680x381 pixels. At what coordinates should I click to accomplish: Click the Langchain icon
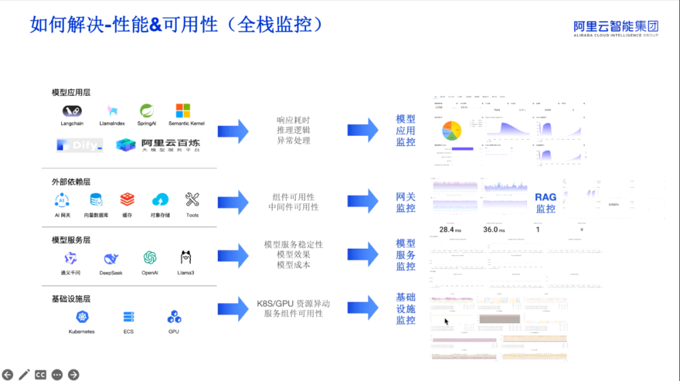pos(72,111)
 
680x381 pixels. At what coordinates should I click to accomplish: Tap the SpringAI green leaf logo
pos(147,111)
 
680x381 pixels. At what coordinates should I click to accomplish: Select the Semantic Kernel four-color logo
pos(183,111)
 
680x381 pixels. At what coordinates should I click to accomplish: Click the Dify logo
pos(79,145)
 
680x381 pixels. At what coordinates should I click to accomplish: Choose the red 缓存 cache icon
pos(127,200)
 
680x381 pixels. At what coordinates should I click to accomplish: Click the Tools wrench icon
pos(192,200)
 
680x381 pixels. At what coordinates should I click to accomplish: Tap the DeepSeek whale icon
pos(111,258)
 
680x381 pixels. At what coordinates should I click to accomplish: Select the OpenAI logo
pos(149,258)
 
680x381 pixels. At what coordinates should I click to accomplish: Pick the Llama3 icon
pos(186,258)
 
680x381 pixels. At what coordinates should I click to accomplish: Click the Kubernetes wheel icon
pos(81,317)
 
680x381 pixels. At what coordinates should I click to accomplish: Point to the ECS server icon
pos(128,317)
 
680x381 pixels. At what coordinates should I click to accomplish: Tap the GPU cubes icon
pos(174,317)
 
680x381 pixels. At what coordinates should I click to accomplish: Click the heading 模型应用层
pos(71,93)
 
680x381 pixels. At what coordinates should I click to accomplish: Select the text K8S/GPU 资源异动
pos(293,304)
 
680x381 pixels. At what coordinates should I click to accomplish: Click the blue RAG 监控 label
pos(546,203)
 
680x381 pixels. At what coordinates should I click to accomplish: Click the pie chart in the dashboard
pos(453,130)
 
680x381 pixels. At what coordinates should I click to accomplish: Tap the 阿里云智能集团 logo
pos(616,27)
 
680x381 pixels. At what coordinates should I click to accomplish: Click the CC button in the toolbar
pos(41,375)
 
